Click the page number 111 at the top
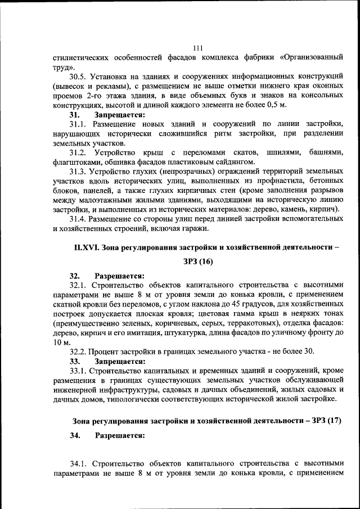pyautogui.click(x=197, y=48)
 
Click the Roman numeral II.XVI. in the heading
pyautogui.click(x=87, y=247)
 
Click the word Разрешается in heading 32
pyautogui.click(x=119, y=276)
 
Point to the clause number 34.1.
pyautogui.click(x=79, y=463)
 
